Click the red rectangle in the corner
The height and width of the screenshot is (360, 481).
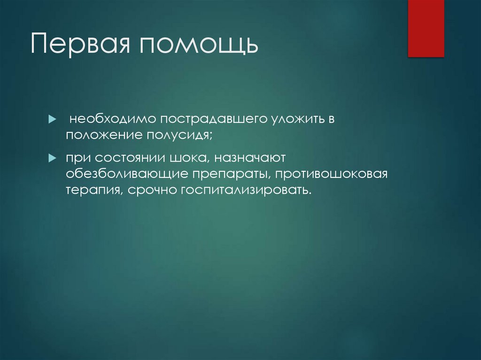click(426, 28)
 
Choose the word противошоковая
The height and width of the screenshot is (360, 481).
click(331, 174)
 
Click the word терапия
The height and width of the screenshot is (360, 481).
click(92, 190)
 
